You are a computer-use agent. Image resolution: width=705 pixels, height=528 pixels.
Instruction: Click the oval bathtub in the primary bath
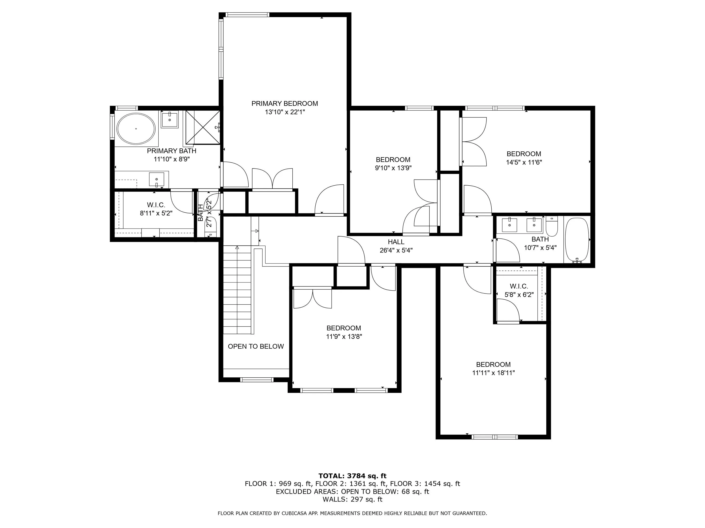pyautogui.click(x=136, y=129)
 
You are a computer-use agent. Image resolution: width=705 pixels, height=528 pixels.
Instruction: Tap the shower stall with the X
pyautogui.click(x=202, y=127)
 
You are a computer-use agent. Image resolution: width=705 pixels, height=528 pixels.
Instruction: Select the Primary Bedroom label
pyautogui.click(x=285, y=103)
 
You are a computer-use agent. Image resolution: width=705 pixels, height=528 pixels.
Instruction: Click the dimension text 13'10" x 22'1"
pyautogui.click(x=285, y=112)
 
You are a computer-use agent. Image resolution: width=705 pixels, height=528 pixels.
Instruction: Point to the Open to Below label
pyautogui.click(x=256, y=346)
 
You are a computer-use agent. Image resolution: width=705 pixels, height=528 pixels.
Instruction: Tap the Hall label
pyautogui.click(x=396, y=242)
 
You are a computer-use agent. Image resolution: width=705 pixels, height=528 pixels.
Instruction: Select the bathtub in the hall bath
pyautogui.click(x=577, y=240)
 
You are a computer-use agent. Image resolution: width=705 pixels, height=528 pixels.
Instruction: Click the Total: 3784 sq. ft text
pyautogui.click(x=352, y=476)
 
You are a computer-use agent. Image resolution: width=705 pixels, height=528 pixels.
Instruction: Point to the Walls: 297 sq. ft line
pyautogui.click(x=352, y=499)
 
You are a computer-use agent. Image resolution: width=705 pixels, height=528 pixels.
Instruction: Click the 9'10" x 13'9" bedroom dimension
pyautogui.click(x=393, y=168)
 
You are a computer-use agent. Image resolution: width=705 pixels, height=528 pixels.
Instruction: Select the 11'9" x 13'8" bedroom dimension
pyautogui.click(x=344, y=337)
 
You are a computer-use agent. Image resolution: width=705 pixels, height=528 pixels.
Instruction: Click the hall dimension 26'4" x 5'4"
pyautogui.click(x=396, y=250)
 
